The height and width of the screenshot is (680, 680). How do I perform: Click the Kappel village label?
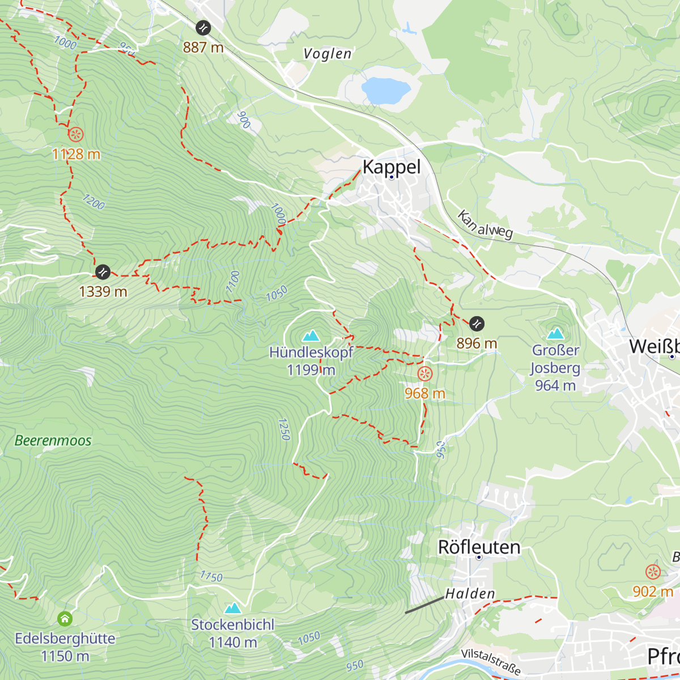point(392,167)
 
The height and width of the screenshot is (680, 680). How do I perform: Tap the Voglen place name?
point(328,54)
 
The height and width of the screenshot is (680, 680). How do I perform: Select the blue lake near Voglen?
point(385,90)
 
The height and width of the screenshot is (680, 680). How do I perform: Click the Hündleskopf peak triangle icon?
point(311,336)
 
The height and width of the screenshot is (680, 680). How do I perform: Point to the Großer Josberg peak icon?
point(555,334)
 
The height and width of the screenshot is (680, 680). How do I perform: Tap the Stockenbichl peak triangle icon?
point(233,609)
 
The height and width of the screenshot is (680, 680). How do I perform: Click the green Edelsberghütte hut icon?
point(65,618)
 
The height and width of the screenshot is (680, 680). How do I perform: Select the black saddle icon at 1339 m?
point(103,272)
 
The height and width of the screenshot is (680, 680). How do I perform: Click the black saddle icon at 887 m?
point(203,28)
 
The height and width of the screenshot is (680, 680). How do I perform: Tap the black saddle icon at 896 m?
point(477,324)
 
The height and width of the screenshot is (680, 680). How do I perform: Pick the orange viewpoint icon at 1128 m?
point(76,135)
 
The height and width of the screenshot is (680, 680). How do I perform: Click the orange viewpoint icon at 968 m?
point(425,374)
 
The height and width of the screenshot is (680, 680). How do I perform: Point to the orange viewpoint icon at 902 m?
point(653,572)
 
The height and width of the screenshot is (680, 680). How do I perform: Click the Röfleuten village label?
point(479,547)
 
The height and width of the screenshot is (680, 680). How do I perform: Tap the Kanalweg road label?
point(485,224)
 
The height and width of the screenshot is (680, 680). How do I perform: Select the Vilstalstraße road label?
point(491,661)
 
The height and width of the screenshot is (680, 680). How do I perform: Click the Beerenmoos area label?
point(53,440)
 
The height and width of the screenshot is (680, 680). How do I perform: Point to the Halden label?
point(470,593)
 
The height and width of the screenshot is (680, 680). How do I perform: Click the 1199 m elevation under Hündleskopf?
point(311,370)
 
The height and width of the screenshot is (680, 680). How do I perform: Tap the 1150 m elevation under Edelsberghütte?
point(65,656)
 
